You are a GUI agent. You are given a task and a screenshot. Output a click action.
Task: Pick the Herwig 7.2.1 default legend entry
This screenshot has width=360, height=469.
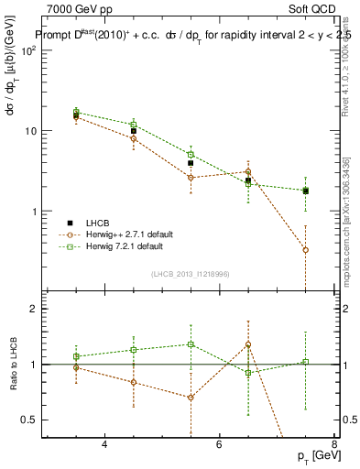[124, 246]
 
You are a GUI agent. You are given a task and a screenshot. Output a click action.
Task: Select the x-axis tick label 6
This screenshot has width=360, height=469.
[220, 444]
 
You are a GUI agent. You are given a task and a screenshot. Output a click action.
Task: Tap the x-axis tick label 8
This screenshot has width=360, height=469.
[334, 444]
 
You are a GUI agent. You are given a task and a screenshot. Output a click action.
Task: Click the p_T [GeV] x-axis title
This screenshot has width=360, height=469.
[314, 456]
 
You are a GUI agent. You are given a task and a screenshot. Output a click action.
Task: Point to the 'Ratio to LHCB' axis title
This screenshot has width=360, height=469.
[13, 365]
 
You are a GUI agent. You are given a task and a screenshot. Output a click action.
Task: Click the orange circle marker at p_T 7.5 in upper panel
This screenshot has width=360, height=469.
[305, 249]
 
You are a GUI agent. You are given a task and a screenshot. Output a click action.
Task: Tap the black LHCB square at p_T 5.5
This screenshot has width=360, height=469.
[191, 163]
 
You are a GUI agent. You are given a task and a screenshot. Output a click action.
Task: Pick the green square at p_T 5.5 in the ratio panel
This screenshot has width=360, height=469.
[191, 344]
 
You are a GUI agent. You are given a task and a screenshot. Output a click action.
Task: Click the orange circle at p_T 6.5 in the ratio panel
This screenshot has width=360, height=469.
[248, 345]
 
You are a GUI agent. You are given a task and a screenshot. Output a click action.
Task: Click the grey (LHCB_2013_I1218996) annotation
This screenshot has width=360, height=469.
[190, 274]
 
